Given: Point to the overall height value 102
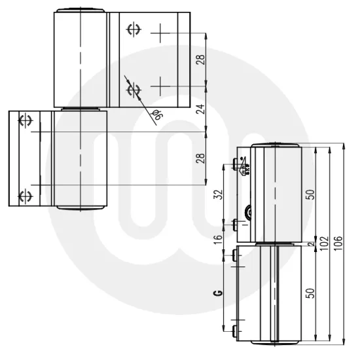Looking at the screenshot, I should click(x=323, y=242).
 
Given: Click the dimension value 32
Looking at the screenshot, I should click(x=219, y=194).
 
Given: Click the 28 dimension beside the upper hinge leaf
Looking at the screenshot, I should click(x=202, y=59).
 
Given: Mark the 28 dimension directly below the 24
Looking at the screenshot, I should click(x=202, y=159).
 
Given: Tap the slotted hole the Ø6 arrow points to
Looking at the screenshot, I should click(x=133, y=88).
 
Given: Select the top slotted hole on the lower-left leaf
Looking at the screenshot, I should click(x=27, y=120).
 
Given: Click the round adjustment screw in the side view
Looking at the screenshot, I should click(x=250, y=211).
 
